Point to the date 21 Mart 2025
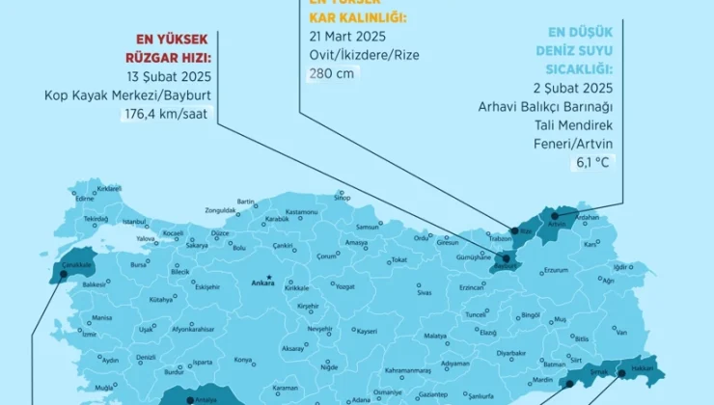tap(343, 36)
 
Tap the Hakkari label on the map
tap(643, 368)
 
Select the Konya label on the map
tap(244, 361)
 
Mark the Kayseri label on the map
tap(366, 331)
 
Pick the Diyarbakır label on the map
tap(511, 353)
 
